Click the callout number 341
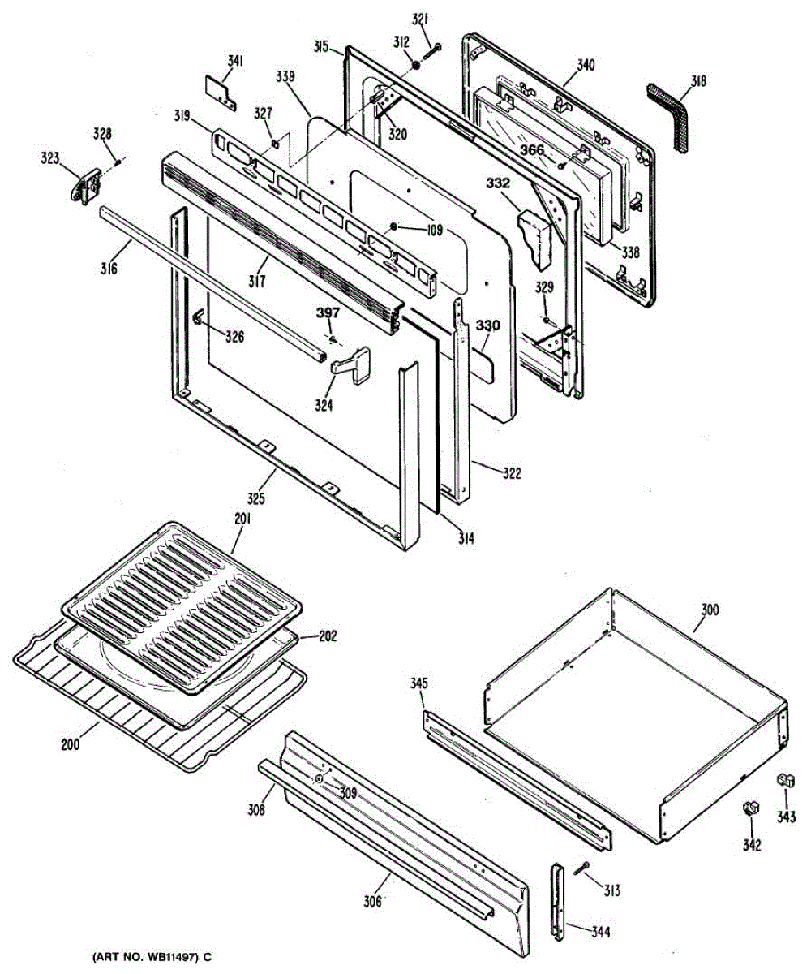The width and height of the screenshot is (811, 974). click(x=235, y=61)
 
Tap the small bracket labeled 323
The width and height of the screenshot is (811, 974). click(x=85, y=184)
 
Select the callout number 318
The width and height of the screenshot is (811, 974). click(x=697, y=80)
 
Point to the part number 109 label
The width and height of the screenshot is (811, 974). click(x=431, y=230)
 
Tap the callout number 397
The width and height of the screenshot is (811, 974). click(x=328, y=314)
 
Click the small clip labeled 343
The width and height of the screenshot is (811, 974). click(x=784, y=780)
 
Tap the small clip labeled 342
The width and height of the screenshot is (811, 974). click(x=749, y=809)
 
